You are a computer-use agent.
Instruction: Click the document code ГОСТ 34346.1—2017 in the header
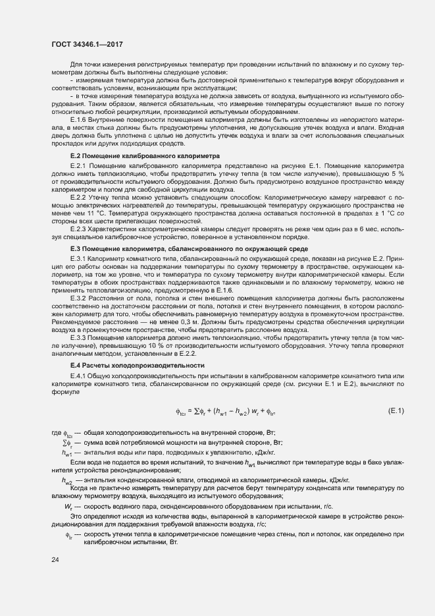87,45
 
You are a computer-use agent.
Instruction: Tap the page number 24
55,559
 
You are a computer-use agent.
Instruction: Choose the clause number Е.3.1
78,258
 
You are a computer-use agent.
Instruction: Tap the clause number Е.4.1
78,374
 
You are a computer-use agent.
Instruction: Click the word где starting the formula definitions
56,432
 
